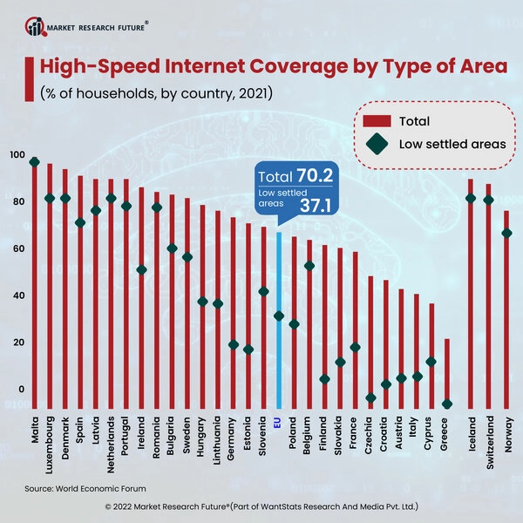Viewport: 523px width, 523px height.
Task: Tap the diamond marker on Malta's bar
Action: (35, 162)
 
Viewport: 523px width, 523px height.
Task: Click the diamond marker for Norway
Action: (506, 234)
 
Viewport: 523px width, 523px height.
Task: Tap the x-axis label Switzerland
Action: (489, 445)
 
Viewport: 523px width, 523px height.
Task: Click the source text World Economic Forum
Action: (96, 488)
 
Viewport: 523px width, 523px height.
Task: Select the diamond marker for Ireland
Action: (141, 270)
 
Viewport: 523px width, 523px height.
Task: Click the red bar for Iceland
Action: (471, 296)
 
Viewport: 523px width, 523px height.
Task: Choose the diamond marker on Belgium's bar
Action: (309, 266)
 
